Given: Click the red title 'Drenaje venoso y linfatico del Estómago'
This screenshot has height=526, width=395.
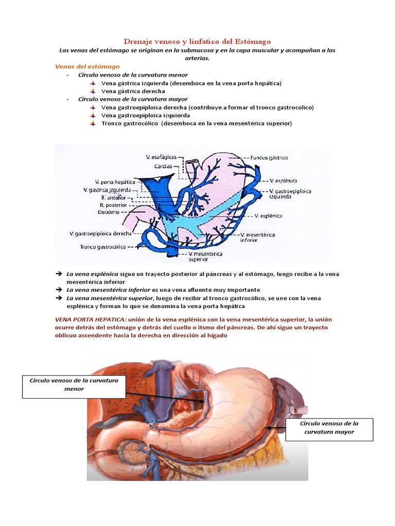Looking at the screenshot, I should pyautogui.click(x=197, y=41).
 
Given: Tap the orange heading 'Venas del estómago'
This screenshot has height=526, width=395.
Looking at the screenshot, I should pyautogui.click(x=87, y=66).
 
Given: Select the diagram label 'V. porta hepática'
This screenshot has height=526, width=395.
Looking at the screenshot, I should pyautogui.click(x=115, y=182).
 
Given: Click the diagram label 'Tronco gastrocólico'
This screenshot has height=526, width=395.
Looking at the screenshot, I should pyautogui.click(x=103, y=247).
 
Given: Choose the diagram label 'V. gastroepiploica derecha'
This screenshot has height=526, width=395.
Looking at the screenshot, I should pyautogui.click(x=101, y=234).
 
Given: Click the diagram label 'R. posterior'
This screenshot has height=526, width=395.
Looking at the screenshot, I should pyautogui.click(x=113, y=204).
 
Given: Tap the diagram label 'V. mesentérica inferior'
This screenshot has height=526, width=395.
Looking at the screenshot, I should pyautogui.click(x=258, y=237).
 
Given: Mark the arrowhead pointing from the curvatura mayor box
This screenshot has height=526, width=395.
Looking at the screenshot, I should pyautogui.click(x=269, y=427).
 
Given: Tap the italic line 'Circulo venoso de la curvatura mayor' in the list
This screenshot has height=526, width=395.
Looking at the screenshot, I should pyautogui.click(x=133, y=99).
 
